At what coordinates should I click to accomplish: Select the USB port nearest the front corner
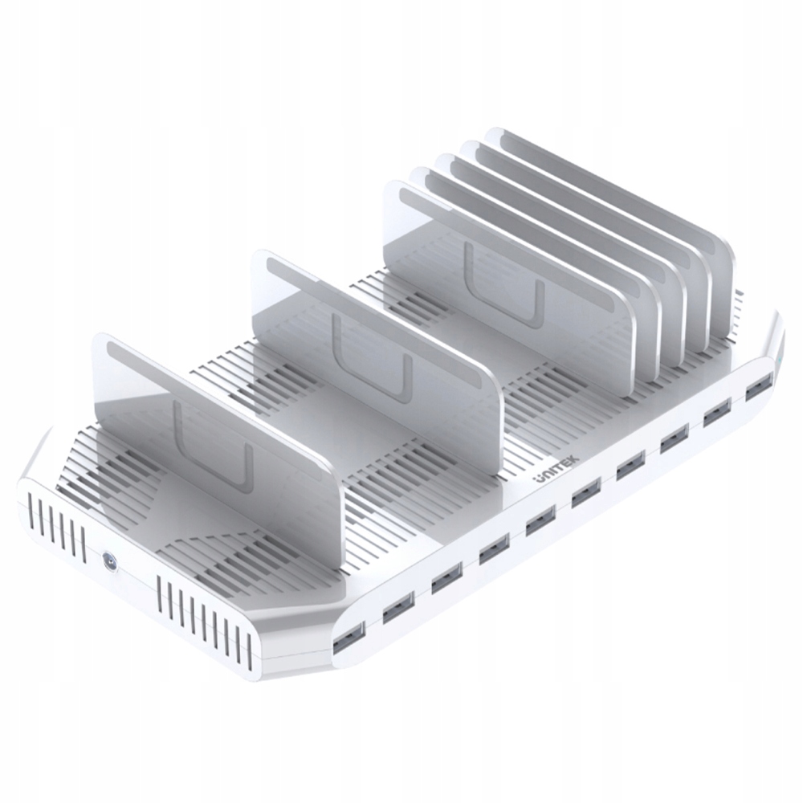point(347,636)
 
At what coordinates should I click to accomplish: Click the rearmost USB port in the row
point(756,389)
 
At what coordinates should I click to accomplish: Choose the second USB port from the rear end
point(716,414)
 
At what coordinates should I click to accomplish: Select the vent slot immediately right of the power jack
point(161,590)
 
